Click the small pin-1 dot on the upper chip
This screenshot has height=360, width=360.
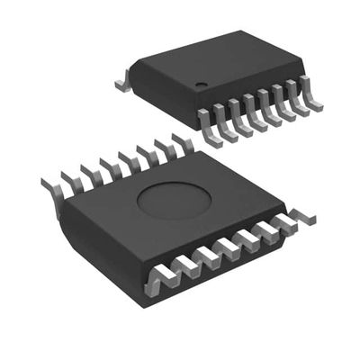coord(201,86)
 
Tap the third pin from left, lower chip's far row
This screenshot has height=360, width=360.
coord(91,172)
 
